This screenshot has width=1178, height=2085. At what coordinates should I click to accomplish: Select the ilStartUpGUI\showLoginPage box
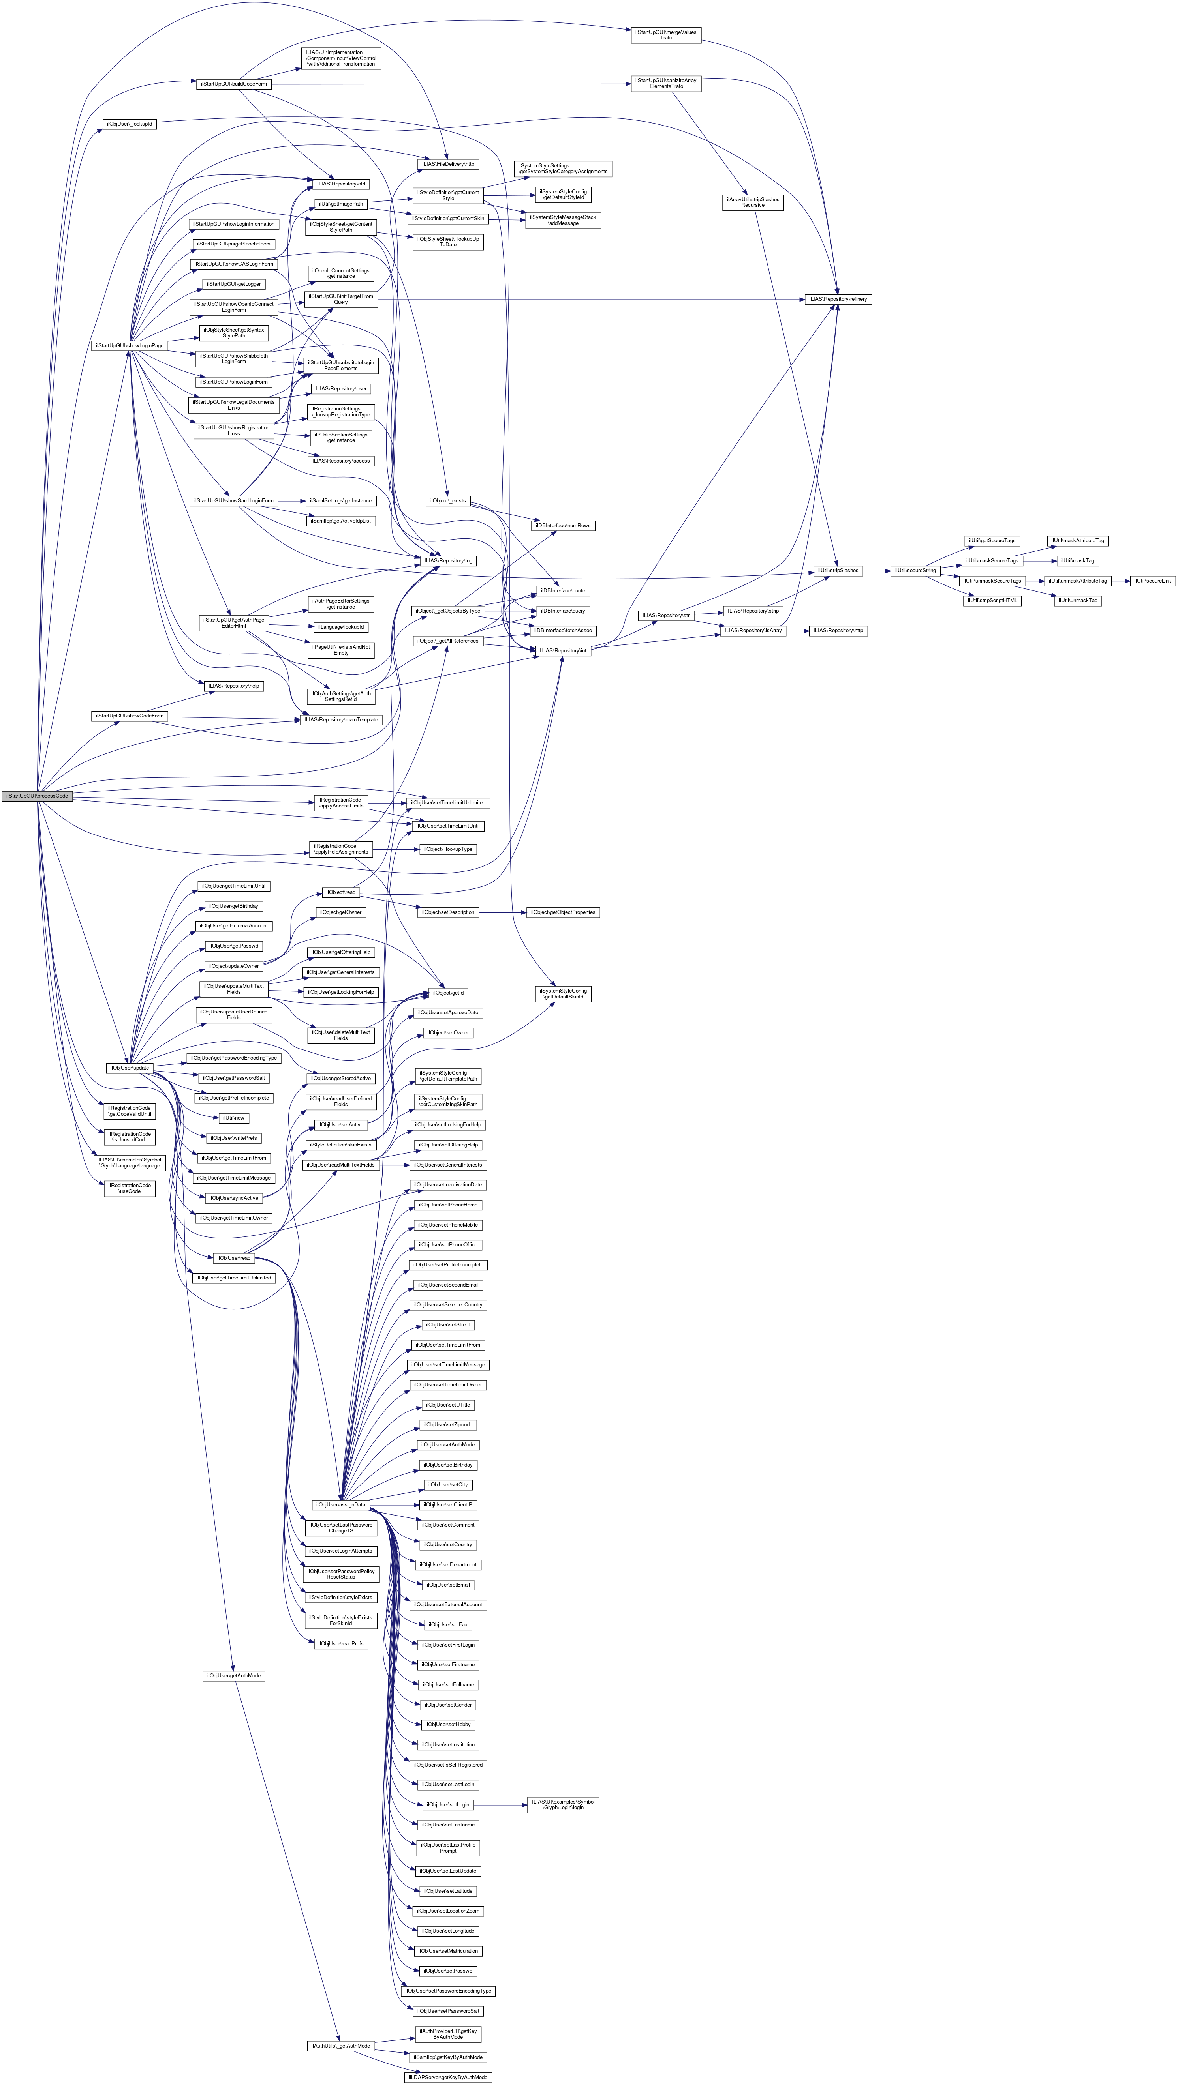(x=129, y=346)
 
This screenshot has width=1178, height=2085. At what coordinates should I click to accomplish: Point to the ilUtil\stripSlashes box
(x=837, y=571)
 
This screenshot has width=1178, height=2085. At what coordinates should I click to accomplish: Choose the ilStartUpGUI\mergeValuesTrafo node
(x=665, y=35)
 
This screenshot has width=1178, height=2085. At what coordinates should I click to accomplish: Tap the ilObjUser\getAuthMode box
(x=233, y=1675)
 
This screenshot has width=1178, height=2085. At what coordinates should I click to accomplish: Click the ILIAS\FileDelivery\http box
(x=448, y=164)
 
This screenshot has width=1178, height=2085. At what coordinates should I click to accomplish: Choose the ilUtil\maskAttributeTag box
(x=1078, y=541)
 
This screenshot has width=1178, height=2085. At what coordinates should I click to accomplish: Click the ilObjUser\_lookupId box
(x=129, y=124)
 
